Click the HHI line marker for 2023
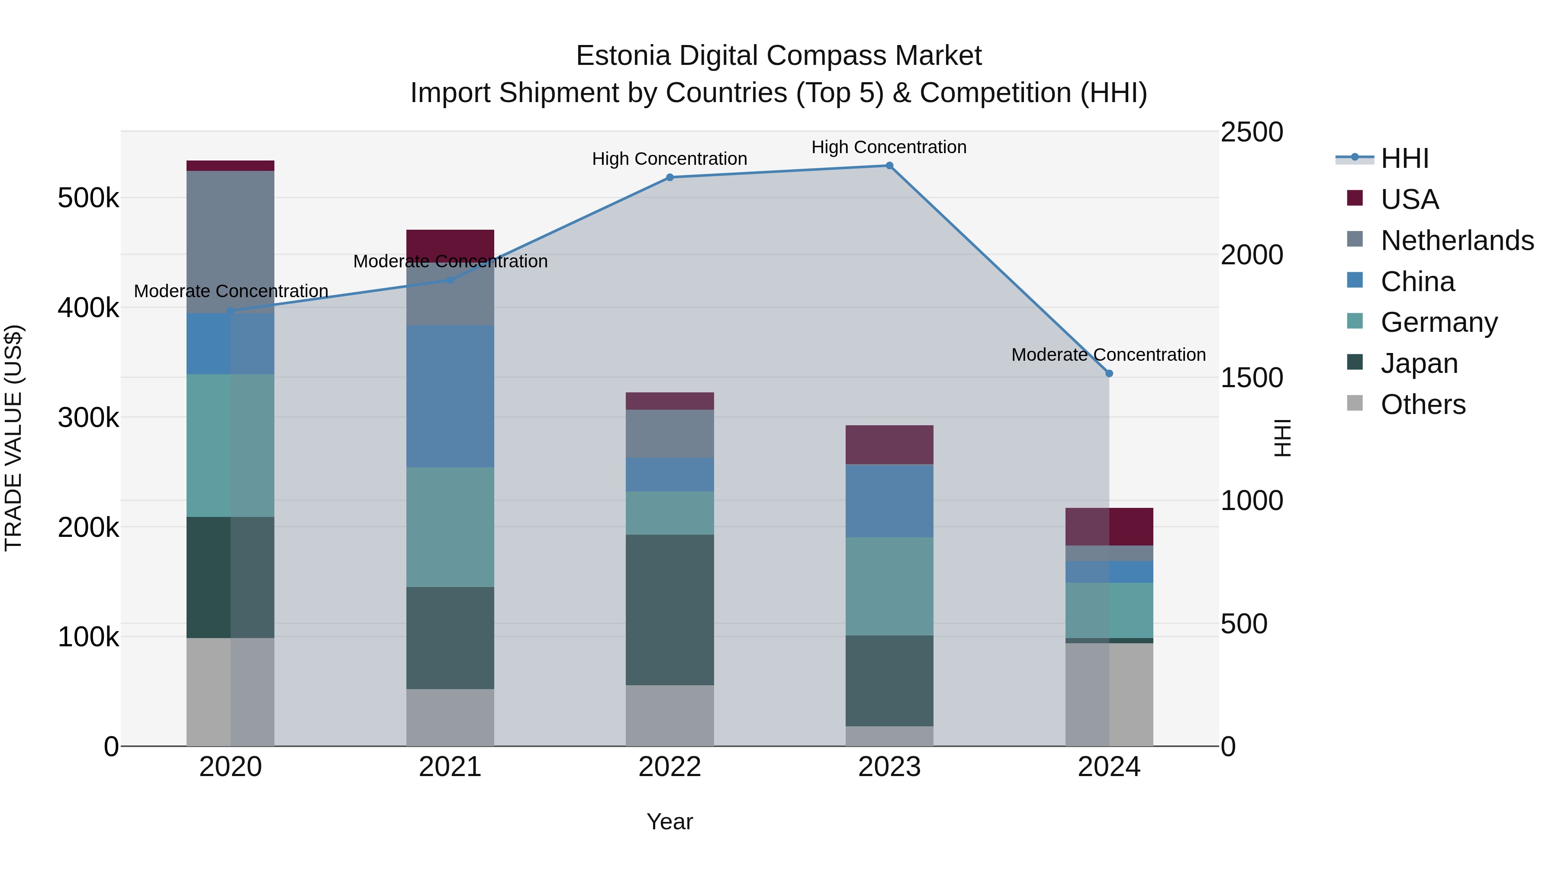coord(889,166)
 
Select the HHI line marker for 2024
coord(1109,374)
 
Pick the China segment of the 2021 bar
coord(450,396)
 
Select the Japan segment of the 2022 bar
coord(670,610)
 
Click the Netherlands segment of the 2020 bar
coord(230,242)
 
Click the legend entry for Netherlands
coord(1456,241)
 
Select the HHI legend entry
coord(1404,158)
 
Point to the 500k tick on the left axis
coord(88,198)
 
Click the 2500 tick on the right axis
coord(1251,132)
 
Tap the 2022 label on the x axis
coord(670,767)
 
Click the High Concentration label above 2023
coord(888,147)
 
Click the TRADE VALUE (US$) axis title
coord(14,438)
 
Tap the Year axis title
coord(670,821)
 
